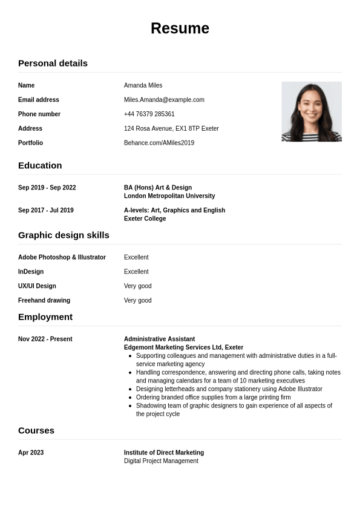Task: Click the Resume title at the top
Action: (x=180, y=28)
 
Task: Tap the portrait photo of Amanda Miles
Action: (x=311, y=111)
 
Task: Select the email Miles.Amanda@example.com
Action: (x=164, y=100)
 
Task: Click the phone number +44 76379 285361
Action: (x=149, y=114)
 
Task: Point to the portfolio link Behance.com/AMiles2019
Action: (x=159, y=143)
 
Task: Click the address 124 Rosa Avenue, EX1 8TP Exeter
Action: (x=171, y=128)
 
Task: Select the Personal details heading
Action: (x=53, y=64)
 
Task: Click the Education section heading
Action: (x=40, y=166)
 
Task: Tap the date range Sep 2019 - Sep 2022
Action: (x=47, y=188)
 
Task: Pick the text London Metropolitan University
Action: (x=169, y=196)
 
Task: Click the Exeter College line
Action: (x=145, y=218)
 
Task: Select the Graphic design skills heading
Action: (x=64, y=235)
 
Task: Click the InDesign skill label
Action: (x=31, y=272)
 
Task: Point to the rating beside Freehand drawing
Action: (x=138, y=300)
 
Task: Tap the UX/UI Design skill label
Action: (x=37, y=286)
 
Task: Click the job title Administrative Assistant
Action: (x=159, y=339)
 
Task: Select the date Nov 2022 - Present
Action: (x=45, y=339)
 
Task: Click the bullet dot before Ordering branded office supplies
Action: (x=131, y=398)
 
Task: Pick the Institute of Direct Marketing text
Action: (x=164, y=453)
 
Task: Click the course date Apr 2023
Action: (x=31, y=453)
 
